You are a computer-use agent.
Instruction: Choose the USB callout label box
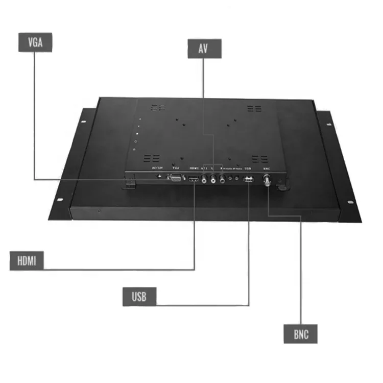click(x=139, y=297)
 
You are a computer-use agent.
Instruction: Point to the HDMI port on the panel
click(x=194, y=179)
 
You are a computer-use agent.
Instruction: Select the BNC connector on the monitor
click(x=267, y=180)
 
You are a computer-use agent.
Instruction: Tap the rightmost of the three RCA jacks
click(x=223, y=179)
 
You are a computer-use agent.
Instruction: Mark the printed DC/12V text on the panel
click(x=157, y=167)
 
